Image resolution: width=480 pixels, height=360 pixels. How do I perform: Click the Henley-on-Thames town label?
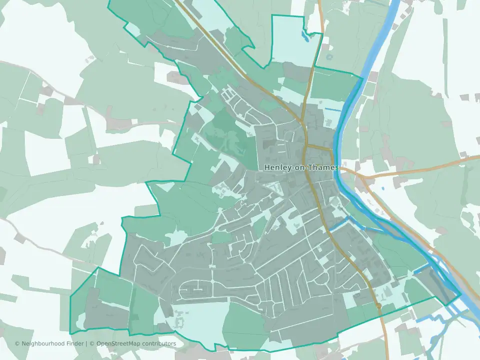click(300, 167)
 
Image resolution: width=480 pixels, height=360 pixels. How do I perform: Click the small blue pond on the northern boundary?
click(305, 35)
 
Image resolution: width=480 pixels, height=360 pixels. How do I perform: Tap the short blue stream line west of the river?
click(333, 109)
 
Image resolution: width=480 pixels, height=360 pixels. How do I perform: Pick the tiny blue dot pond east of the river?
click(382, 188)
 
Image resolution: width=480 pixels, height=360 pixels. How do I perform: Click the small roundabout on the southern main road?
click(378, 305)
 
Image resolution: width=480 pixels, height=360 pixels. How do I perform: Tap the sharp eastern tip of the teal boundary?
click(460, 294)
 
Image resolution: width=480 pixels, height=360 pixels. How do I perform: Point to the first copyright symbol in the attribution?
click(17, 344)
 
